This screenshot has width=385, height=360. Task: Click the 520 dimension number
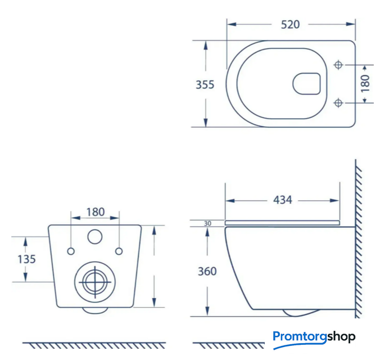290,25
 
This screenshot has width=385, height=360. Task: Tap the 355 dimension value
205,84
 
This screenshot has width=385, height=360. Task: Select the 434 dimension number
283,200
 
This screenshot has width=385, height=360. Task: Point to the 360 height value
207,271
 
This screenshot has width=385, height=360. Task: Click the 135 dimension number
26,259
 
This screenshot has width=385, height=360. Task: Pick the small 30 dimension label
207,223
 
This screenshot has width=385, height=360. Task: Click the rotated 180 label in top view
365,84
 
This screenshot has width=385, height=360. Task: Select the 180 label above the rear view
96,212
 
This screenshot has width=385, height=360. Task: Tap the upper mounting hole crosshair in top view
338,65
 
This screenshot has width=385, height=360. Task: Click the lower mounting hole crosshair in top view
338,103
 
